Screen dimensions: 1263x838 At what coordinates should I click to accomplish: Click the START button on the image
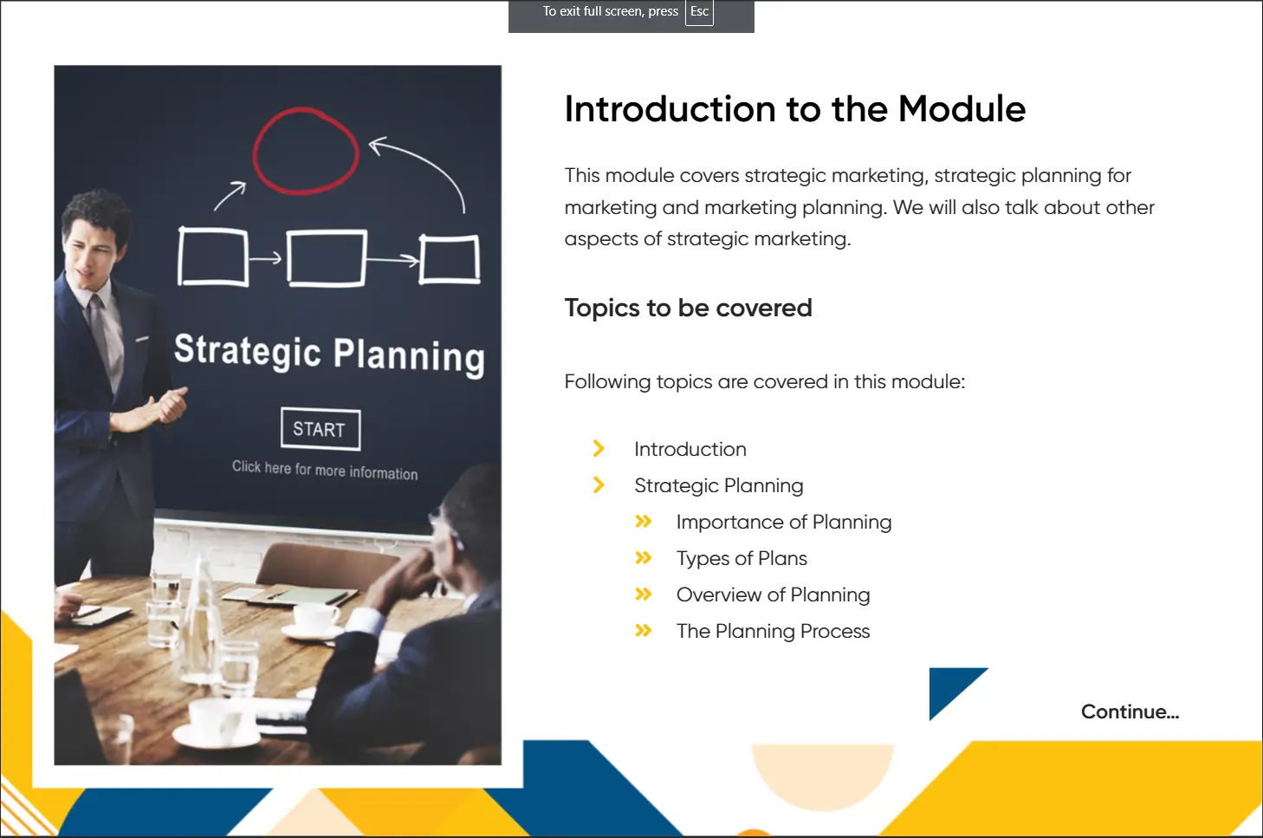(x=321, y=429)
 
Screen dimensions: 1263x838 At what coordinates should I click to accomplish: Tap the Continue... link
(x=1130, y=711)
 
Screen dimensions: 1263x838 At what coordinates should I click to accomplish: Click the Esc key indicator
(x=699, y=12)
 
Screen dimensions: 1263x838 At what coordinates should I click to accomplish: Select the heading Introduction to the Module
(x=795, y=108)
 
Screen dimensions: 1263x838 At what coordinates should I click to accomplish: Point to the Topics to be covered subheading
(x=689, y=308)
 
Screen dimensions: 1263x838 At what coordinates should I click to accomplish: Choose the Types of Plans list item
(x=742, y=558)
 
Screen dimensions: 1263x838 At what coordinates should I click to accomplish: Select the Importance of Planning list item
(x=784, y=523)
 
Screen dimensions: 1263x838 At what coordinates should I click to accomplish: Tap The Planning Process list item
(x=773, y=631)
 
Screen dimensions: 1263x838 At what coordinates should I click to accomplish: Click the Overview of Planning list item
(x=773, y=595)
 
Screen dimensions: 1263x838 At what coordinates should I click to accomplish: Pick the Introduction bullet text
(x=690, y=450)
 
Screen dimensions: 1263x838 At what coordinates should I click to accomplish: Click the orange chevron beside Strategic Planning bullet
(x=599, y=485)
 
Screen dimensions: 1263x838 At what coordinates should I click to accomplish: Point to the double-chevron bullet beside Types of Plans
(x=644, y=558)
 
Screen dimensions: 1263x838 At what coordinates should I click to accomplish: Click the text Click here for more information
(x=325, y=470)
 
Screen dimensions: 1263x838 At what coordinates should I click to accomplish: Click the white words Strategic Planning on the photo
(x=329, y=353)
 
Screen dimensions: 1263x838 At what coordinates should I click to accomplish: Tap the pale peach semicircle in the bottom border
(x=823, y=773)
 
